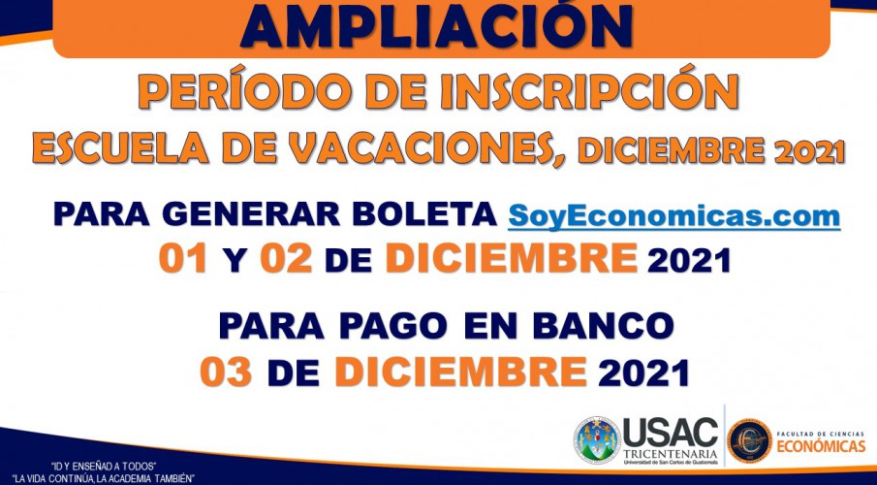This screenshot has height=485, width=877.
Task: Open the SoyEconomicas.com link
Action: (x=673, y=215)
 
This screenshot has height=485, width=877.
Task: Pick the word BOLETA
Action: (x=424, y=213)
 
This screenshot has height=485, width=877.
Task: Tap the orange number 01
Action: (x=183, y=259)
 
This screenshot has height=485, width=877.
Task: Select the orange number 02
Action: (x=286, y=259)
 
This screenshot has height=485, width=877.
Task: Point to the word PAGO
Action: (x=393, y=326)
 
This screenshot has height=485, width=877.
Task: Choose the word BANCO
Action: (x=603, y=326)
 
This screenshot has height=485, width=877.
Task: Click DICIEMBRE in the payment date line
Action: (x=461, y=372)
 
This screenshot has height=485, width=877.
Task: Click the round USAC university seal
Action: (x=597, y=440)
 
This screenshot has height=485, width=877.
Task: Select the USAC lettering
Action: (x=670, y=433)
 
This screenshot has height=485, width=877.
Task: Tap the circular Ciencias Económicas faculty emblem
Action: (x=749, y=440)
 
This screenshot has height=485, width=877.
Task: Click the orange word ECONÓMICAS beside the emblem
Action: (x=821, y=446)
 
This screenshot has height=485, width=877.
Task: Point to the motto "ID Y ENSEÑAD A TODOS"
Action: (x=103, y=467)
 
